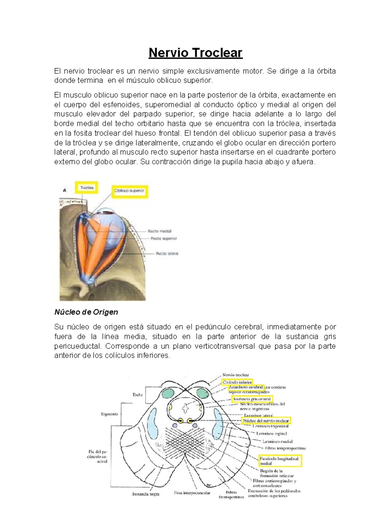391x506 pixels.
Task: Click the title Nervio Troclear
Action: pos(195,53)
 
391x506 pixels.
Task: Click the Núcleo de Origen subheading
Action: pos(86,312)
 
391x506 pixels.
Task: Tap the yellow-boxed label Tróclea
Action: pos(86,188)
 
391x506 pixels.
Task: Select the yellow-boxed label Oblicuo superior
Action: pos(130,191)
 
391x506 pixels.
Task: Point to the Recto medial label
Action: pos(160,231)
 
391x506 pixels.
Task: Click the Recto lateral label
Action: pos(167,253)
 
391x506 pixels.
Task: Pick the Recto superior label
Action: pos(163,239)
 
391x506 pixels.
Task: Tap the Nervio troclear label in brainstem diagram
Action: pos(236,375)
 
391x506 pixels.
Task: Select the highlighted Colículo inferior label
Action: pos(237,382)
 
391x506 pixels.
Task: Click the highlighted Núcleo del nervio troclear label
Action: pos(266,421)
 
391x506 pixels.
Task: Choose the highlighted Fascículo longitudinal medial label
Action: pos(279,461)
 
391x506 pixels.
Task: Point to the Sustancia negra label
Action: pos(146,494)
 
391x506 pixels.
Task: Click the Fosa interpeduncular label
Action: pos(192,493)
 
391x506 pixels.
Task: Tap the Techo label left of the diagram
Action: pos(138,395)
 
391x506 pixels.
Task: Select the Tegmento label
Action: pos(109,414)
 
